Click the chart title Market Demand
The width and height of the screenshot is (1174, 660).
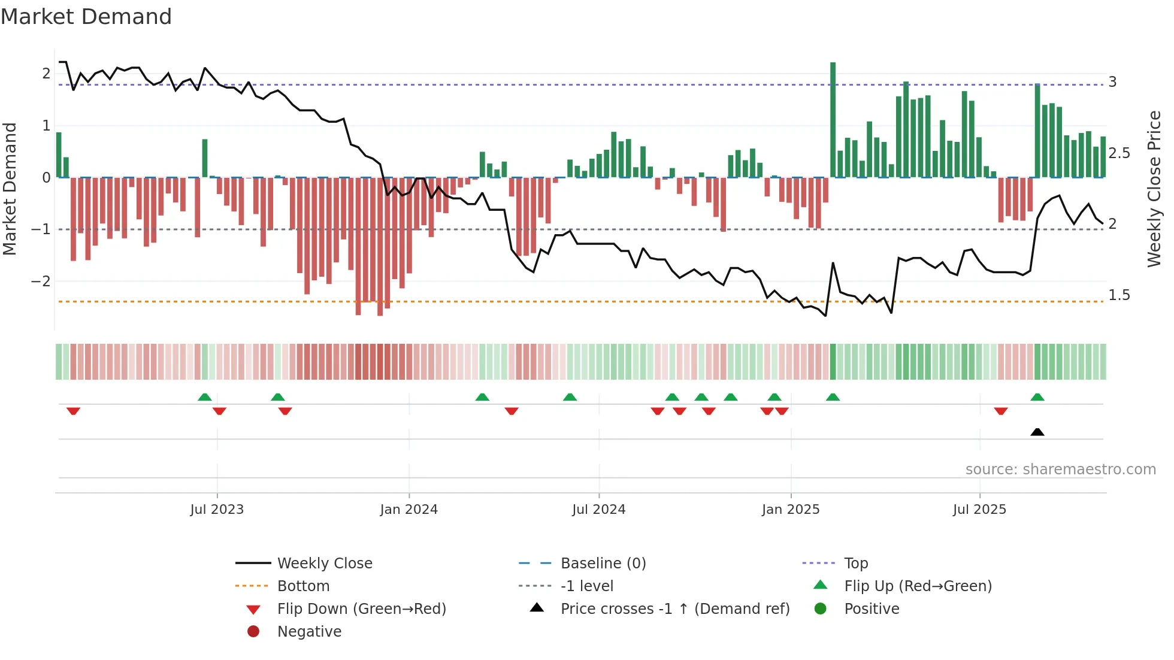click(86, 16)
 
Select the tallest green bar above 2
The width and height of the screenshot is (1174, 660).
click(833, 120)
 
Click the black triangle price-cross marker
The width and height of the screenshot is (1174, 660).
click(1037, 432)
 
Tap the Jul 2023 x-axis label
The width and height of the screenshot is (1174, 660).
click(217, 510)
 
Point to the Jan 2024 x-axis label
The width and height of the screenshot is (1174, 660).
click(409, 510)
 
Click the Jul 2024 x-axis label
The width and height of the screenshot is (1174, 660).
click(598, 510)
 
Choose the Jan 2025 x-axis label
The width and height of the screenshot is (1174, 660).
click(791, 510)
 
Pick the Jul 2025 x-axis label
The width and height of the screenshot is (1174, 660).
click(979, 510)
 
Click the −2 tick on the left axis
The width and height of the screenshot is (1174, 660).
click(41, 281)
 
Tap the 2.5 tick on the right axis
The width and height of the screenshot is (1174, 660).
click(1119, 153)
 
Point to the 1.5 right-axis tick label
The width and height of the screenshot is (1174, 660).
click(1119, 295)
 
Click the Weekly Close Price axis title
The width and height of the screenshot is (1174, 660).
click(1154, 189)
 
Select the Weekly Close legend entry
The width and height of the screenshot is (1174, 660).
click(324, 564)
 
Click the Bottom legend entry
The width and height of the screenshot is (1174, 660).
click(303, 586)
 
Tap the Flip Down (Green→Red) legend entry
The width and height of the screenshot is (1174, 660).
click(361, 609)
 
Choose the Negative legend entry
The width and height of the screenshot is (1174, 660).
click(309, 632)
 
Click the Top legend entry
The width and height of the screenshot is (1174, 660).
click(856, 564)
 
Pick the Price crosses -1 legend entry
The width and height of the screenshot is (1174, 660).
click(674, 609)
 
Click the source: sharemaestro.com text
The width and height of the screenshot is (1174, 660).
click(1060, 470)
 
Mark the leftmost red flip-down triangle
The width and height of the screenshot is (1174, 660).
click(73, 411)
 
